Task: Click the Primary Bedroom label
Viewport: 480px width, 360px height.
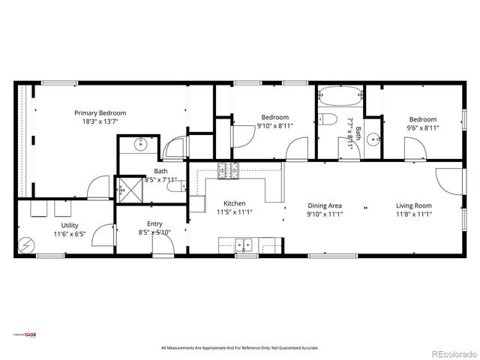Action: click(x=100, y=112)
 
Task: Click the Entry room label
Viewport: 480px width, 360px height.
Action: click(x=154, y=223)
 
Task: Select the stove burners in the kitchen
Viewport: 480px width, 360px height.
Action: click(x=227, y=171)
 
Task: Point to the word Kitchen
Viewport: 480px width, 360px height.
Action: click(x=235, y=204)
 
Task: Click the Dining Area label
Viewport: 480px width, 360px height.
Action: click(x=325, y=205)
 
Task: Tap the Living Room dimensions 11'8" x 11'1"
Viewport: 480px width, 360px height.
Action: click(x=414, y=214)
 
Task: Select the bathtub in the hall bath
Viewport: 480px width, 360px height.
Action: click(x=340, y=97)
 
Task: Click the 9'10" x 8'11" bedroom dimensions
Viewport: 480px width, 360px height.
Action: click(x=275, y=126)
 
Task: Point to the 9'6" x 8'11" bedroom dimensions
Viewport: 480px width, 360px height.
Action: click(x=422, y=127)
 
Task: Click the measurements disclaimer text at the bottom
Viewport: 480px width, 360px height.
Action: click(x=240, y=348)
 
